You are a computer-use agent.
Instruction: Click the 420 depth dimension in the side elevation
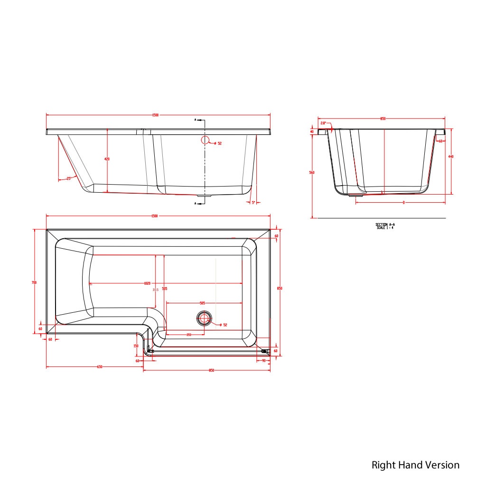tap(107, 159)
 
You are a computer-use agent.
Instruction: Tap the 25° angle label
tap(69, 178)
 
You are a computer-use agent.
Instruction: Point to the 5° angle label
tap(253, 202)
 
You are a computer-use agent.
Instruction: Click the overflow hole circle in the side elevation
tap(205, 140)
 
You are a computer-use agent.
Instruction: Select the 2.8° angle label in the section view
tap(323, 123)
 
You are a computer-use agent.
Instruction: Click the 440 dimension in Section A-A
tap(450, 157)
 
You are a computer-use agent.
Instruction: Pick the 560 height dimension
tap(311, 172)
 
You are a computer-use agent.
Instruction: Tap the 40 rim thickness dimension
tap(312, 131)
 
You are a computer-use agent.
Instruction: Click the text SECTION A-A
tap(384, 224)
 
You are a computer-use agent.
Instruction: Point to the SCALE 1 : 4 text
tap(384, 228)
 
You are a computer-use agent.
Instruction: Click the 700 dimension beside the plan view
tap(34, 282)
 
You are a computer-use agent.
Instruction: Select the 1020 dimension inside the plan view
tap(147, 283)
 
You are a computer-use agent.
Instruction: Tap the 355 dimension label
tap(155, 290)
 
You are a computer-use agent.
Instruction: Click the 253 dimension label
tap(188, 335)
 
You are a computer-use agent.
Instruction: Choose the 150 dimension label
tap(136, 346)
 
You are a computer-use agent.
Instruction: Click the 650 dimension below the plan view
tap(100, 367)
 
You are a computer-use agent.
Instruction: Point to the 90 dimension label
tap(264, 361)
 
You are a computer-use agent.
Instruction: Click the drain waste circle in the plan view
tap(205, 318)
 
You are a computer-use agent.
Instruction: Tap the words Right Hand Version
tap(415, 465)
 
